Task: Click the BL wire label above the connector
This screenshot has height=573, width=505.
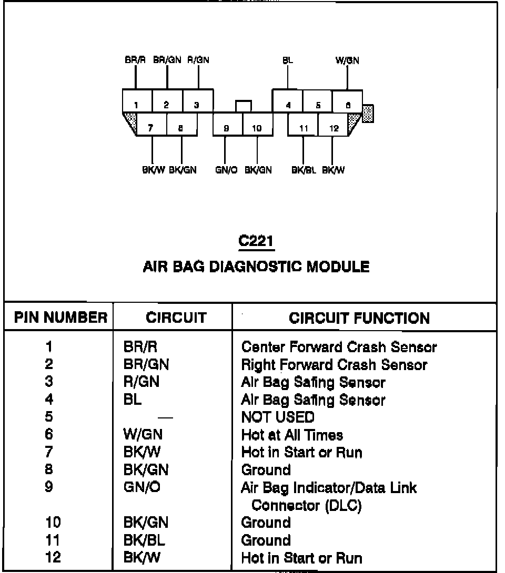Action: [x=288, y=60]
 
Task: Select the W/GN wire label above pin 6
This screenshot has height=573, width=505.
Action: [x=347, y=60]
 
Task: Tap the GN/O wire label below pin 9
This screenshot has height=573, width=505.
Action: [x=226, y=170]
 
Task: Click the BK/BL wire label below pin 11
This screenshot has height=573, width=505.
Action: [x=304, y=170]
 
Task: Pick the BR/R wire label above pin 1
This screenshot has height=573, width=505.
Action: [x=135, y=60]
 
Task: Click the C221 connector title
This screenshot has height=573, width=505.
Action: [x=256, y=241]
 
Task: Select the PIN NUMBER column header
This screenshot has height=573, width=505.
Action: [x=60, y=318]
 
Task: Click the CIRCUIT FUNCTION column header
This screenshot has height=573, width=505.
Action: [x=359, y=318]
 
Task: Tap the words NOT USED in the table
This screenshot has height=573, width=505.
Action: [x=277, y=417]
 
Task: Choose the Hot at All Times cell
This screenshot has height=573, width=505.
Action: [x=292, y=435]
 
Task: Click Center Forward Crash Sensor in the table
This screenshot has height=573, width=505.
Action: [x=339, y=347]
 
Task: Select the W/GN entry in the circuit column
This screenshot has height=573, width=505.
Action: [x=143, y=435]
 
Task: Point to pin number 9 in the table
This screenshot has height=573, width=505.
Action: [x=49, y=488]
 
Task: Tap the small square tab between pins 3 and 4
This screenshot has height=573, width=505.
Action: [x=243, y=106]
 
